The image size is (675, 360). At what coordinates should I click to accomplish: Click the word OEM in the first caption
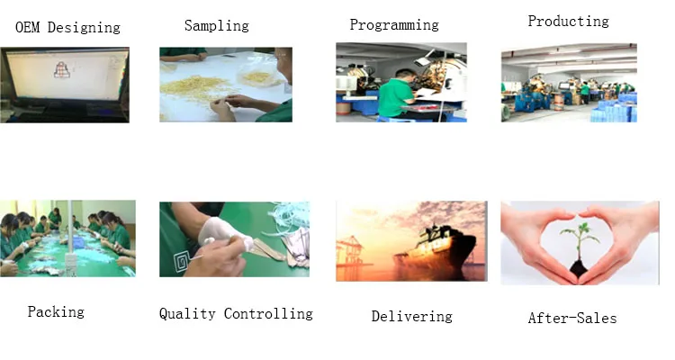click(x=28, y=27)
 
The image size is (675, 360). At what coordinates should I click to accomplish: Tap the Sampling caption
click(x=217, y=26)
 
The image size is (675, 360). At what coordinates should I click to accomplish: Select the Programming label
click(x=394, y=25)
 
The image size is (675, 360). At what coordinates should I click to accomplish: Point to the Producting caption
click(x=568, y=21)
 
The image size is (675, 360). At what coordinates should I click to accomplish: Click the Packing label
click(x=56, y=311)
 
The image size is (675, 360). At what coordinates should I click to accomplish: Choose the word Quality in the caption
click(x=187, y=313)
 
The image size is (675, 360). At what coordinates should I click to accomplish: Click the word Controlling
click(x=268, y=313)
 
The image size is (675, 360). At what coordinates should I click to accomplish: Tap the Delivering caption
click(x=412, y=317)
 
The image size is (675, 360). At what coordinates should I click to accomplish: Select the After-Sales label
click(x=572, y=319)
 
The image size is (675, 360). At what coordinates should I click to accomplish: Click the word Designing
click(x=84, y=28)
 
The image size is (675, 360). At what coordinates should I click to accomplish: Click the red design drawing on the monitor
click(x=62, y=70)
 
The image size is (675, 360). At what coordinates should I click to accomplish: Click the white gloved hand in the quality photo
click(x=224, y=233)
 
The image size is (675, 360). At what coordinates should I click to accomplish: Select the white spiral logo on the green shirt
click(x=182, y=260)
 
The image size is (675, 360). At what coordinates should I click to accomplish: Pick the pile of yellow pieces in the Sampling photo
click(x=194, y=87)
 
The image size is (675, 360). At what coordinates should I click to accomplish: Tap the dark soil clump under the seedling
click(x=578, y=269)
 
